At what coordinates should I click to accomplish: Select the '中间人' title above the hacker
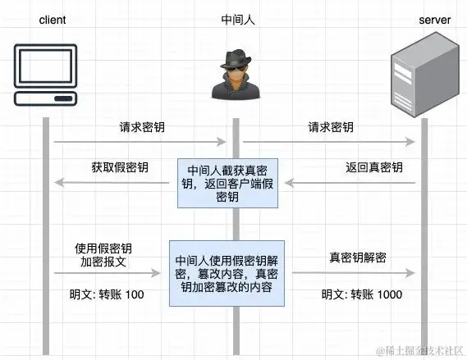[x=236, y=17]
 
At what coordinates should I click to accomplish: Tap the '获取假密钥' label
[x=120, y=167]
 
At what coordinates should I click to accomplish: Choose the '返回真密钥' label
[x=373, y=167]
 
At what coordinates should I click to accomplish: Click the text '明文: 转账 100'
[x=107, y=294]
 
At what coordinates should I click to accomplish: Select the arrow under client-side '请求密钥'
[x=140, y=142]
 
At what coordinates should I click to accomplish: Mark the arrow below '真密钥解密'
[x=351, y=272]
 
